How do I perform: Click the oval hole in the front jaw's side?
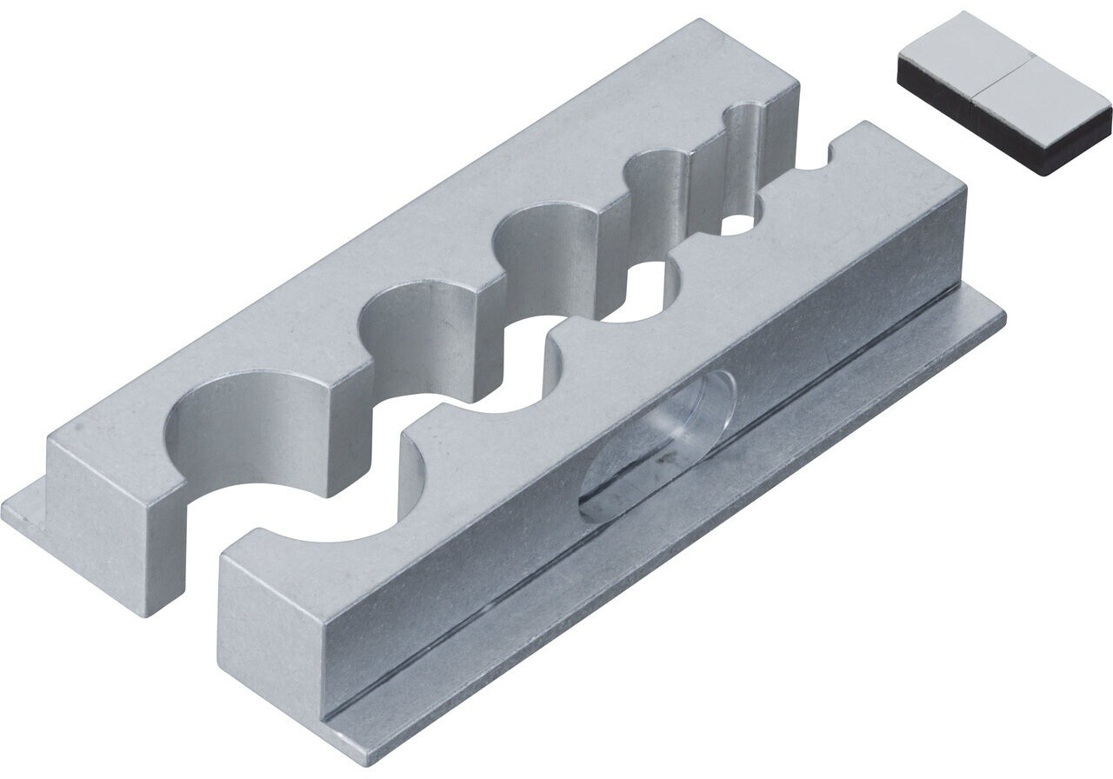(x=659, y=443)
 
